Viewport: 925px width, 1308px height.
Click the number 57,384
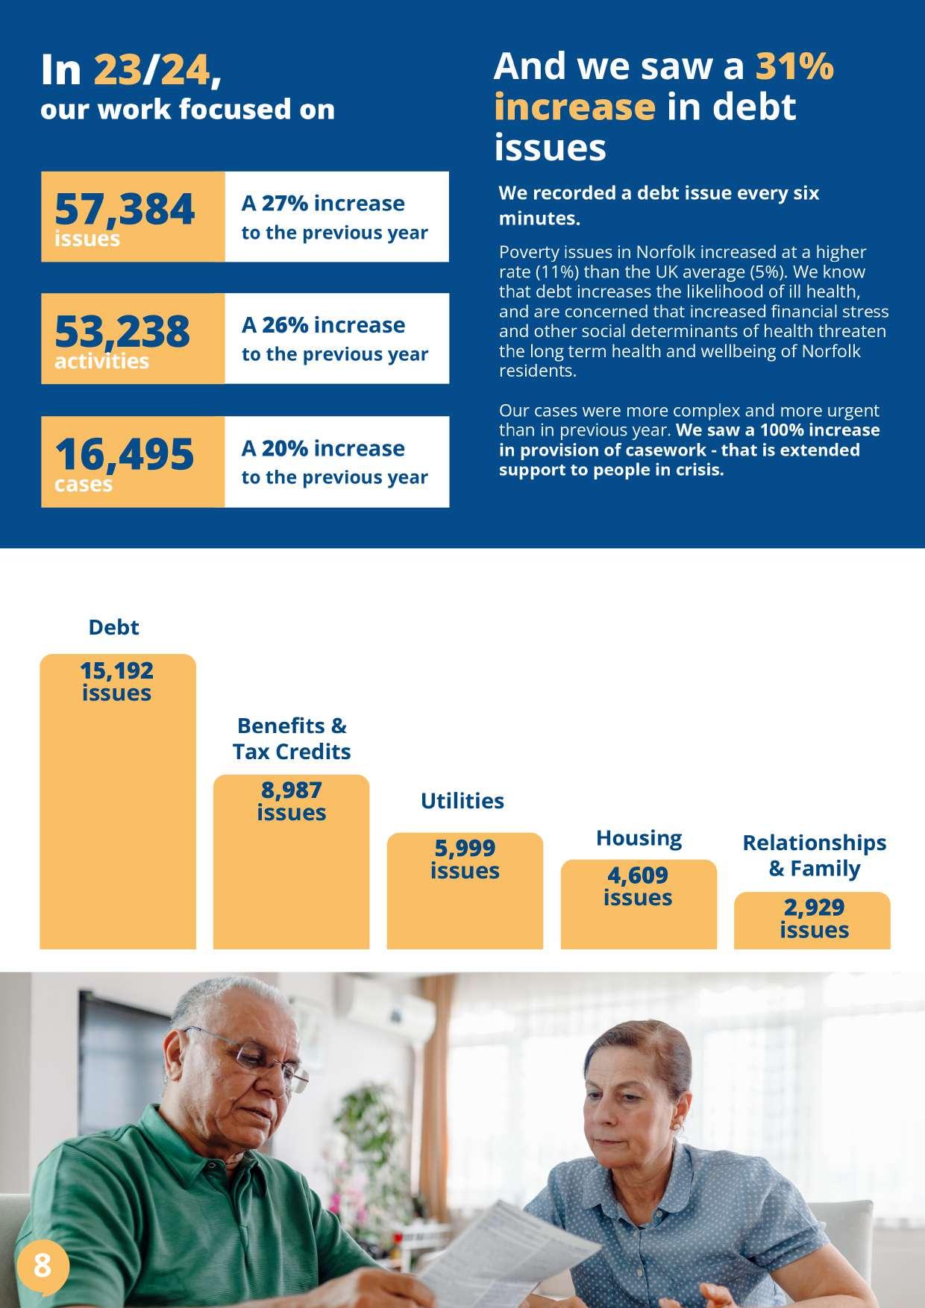(x=125, y=210)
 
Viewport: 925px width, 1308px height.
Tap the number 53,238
(x=122, y=331)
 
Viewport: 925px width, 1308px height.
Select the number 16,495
(x=124, y=454)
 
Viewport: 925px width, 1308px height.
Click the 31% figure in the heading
(x=794, y=66)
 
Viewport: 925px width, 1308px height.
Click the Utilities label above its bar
(x=462, y=801)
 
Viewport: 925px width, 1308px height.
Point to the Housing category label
(x=639, y=838)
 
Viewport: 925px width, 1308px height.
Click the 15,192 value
(x=116, y=670)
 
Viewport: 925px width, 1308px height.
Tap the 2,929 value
(x=814, y=908)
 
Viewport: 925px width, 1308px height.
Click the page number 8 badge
(x=43, y=1265)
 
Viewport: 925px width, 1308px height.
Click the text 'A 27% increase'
(x=323, y=203)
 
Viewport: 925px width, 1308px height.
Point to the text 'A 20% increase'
(x=323, y=448)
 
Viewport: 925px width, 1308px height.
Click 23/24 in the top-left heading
(x=151, y=71)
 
